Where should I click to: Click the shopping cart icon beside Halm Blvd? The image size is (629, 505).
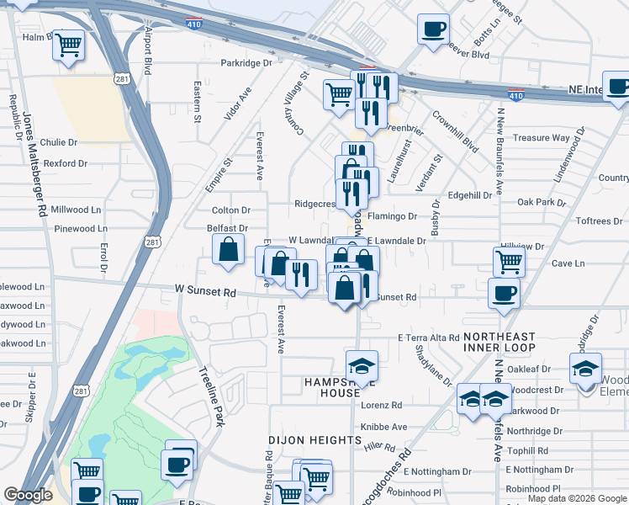pyautogui.click(x=69, y=44)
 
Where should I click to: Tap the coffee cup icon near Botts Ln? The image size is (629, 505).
pyautogui.click(x=434, y=29)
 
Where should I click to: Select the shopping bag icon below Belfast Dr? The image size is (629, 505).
pyautogui.click(x=228, y=250)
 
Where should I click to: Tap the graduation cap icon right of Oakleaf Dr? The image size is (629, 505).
pyautogui.click(x=586, y=367)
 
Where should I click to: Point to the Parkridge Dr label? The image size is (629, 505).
pyautogui.click(x=246, y=63)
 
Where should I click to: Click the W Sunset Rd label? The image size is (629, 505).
pyautogui.click(x=205, y=291)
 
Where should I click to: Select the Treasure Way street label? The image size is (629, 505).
pyautogui.click(x=542, y=138)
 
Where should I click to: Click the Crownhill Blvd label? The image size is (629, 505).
pyautogui.click(x=456, y=133)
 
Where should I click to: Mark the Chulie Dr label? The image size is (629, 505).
pyautogui.click(x=58, y=143)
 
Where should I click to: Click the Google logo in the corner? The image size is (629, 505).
pyautogui.click(x=28, y=496)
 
